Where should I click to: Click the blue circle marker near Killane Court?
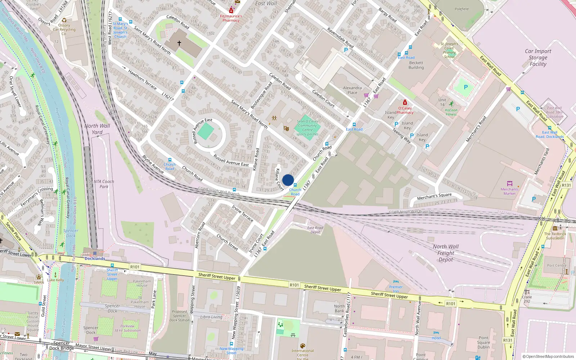(x=288, y=180)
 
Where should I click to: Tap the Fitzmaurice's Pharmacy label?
(x=231, y=18)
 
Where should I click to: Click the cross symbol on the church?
(x=179, y=43)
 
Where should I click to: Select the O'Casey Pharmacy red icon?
(x=405, y=103)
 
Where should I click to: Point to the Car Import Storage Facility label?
(x=538, y=58)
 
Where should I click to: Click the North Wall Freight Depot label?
(x=446, y=253)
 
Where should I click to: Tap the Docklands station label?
(x=95, y=258)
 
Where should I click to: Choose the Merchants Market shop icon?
(x=509, y=184)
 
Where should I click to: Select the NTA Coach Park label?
(x=104, y=184)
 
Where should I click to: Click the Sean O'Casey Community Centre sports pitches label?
(x=307, y=128)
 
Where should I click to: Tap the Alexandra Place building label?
(x=352, y=90)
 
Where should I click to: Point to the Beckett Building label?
(x=416, y=65)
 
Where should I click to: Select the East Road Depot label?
(x=315, y=230)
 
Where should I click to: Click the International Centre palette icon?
(x=302, y=346)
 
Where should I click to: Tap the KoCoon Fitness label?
(x=451, y=112)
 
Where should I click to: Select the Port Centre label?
(x=557, y=266)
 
